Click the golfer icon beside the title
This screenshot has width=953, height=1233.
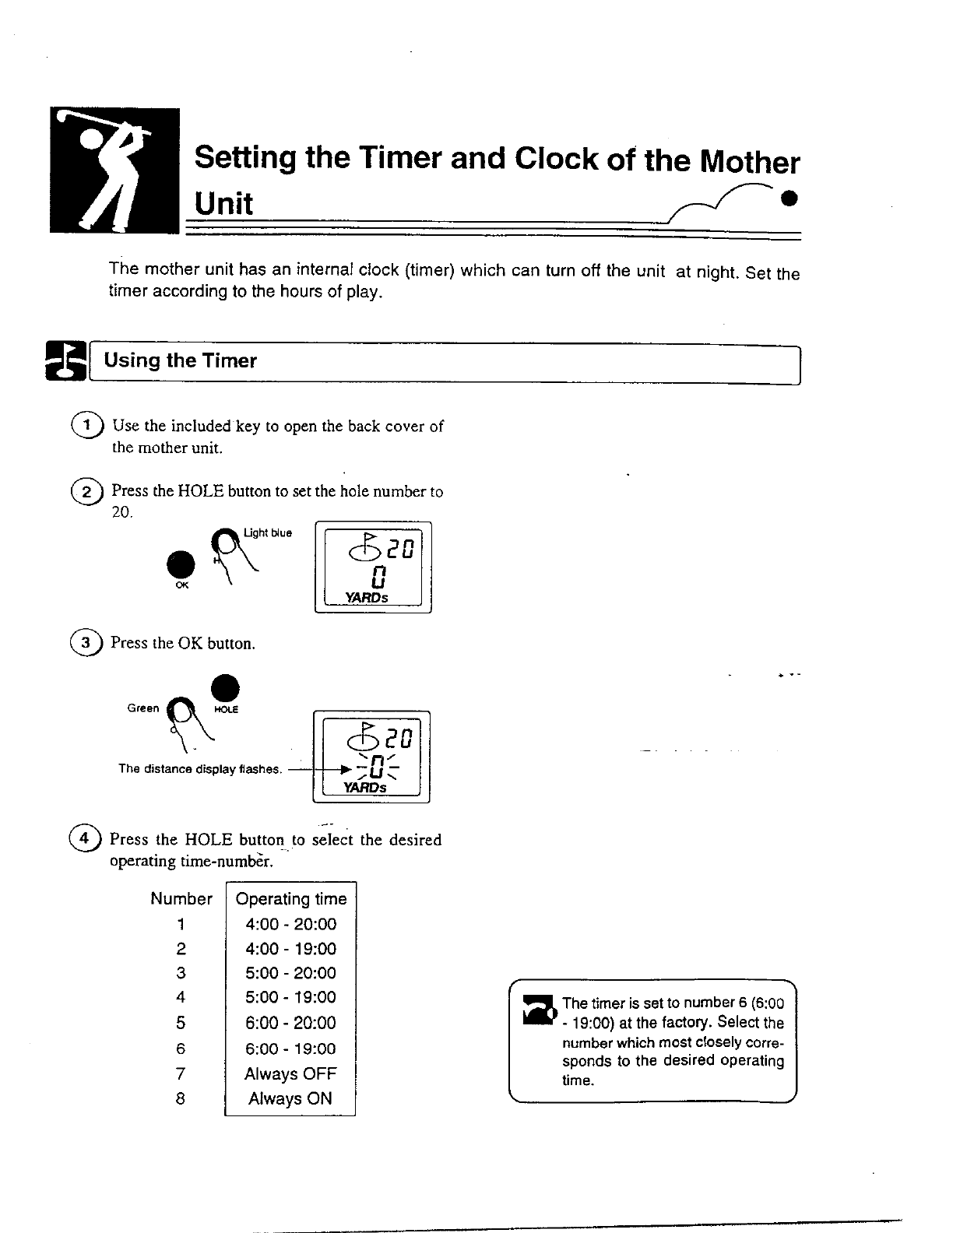[x=114, y=170]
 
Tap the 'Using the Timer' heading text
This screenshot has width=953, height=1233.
[x=180, y=361]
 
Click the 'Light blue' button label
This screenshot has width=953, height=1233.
[x=268, y=533]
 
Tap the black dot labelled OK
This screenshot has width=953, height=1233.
[x=181, y=563]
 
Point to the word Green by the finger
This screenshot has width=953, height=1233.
[x=142, y=708]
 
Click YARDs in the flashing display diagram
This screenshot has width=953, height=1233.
[x=365, y=788]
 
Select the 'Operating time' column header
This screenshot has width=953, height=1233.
[x=290, y=899]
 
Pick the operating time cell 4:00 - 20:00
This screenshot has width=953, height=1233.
[x=290, y=925]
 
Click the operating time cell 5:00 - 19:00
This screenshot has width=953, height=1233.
[x=290, y=998]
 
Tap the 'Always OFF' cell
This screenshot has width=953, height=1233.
[x=290, y=1074]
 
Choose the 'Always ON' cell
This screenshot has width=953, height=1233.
[x=290, y=1099]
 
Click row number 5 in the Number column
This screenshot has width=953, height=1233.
[x=181, y=1024]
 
